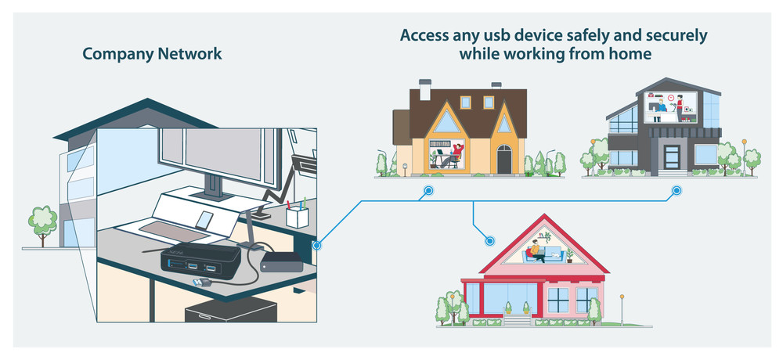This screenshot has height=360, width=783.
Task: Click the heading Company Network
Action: (153, 54)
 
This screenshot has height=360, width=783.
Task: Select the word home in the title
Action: (630, 53)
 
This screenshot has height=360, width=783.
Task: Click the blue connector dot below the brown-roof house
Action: (428, 191)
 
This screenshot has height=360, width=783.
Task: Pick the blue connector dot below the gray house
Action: (677, 191)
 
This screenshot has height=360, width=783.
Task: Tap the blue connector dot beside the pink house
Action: (490, 241)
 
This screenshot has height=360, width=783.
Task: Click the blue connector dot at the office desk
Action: (316, 245)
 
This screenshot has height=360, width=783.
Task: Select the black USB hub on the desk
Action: (200, 260)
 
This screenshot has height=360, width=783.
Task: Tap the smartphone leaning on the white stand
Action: (204, 219)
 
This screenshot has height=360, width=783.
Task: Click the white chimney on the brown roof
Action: (425, 90)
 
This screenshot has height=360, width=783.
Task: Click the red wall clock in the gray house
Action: (670, 97)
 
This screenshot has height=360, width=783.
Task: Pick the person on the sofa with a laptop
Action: (536, 252)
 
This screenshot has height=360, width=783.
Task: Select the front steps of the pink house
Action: (517, 319)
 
